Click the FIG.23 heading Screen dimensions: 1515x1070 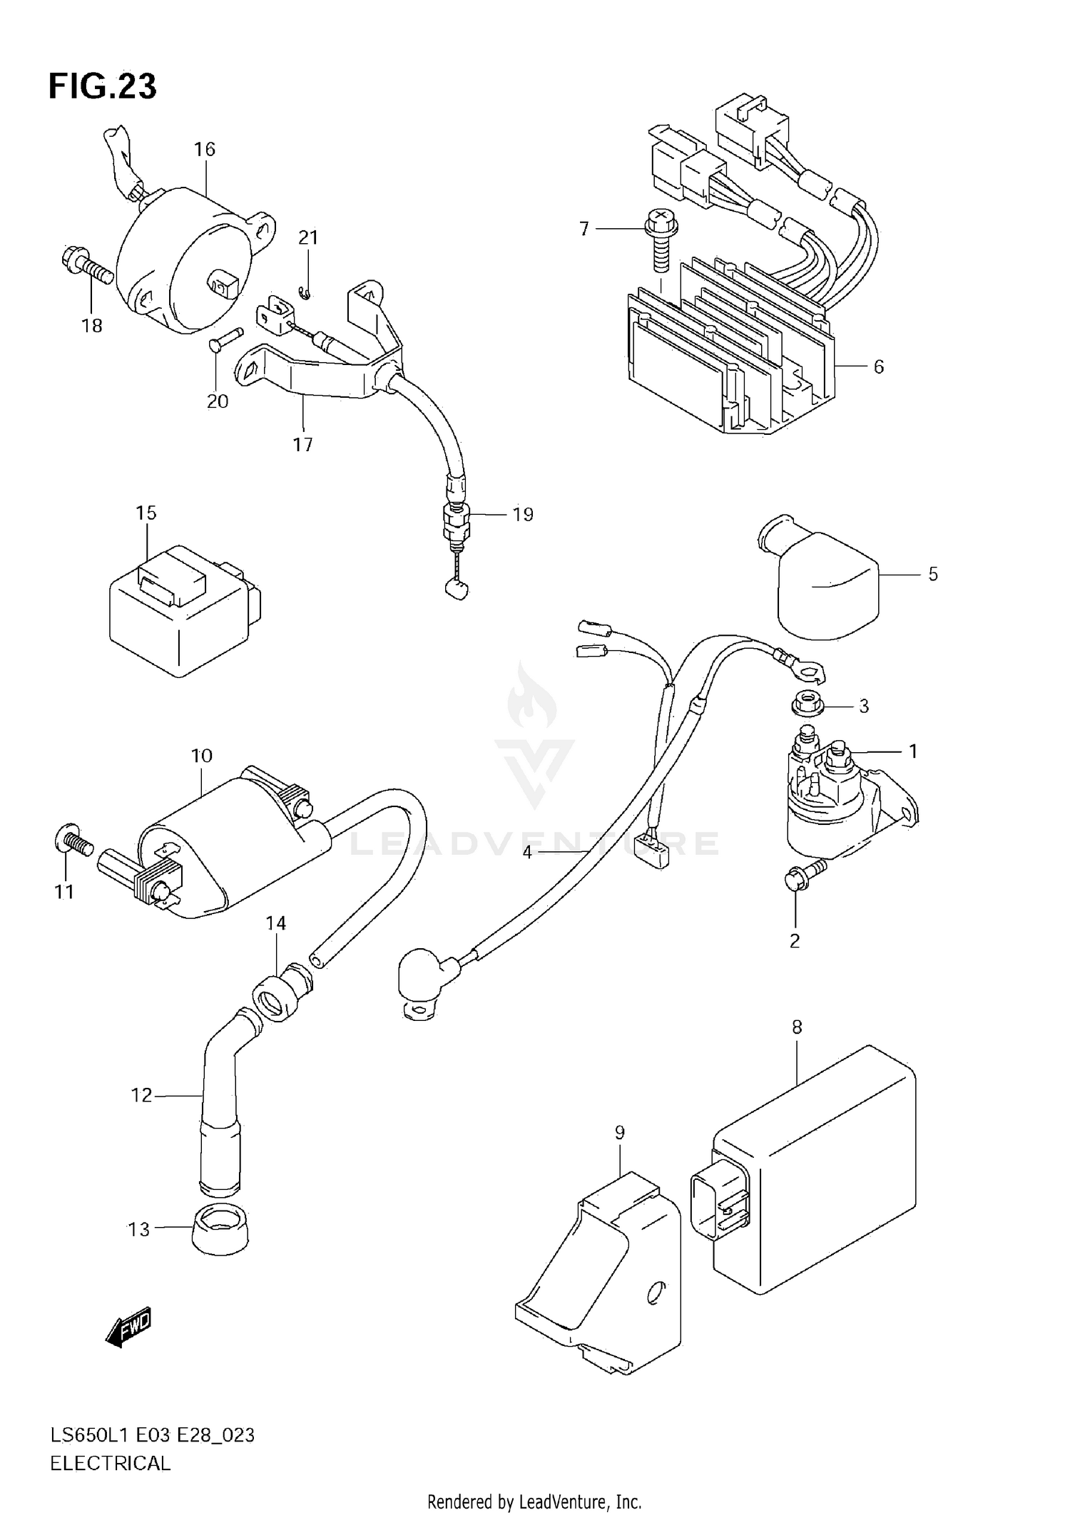click(x=102, y=86)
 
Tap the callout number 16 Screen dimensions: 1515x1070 click(x=204, y=149)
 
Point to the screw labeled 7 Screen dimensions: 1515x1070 click(x=660, y=242)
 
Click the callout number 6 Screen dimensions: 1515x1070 click(x=878, y=366)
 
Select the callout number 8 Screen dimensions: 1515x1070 click(x=797, y=1027)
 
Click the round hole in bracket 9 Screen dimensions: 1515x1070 click(x=654, y=1293)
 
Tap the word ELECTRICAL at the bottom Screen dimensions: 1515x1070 click(x=110, y=1464)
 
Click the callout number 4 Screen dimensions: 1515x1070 click(x=527, y=852)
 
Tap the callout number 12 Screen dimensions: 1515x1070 click(x=141, y=1095)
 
